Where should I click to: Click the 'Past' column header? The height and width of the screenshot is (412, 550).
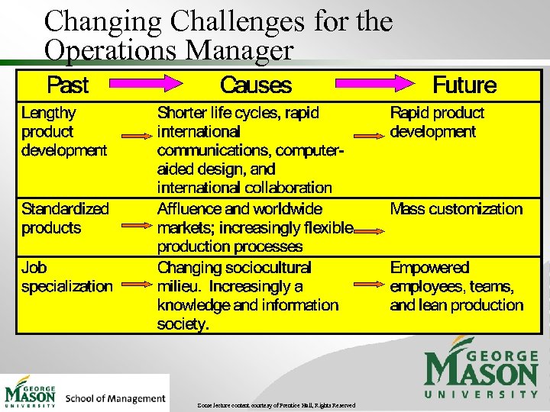point(67,85)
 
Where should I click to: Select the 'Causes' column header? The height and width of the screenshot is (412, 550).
point(255,85)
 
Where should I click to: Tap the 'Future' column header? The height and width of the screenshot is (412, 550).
point(464,85)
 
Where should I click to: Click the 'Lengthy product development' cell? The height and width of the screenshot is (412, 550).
point(64,131)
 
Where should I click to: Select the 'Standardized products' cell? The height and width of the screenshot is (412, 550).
point(65,218)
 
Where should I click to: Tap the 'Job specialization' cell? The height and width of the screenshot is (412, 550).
point(66,277)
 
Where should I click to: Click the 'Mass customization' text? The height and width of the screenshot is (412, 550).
point(456,209)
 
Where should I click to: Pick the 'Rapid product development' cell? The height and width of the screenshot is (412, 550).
point(437,122)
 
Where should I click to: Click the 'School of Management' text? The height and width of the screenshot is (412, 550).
point(115,398)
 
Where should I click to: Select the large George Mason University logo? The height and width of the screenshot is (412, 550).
point(481,372)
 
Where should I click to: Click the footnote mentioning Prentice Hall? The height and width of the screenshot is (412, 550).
point(276,405)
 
